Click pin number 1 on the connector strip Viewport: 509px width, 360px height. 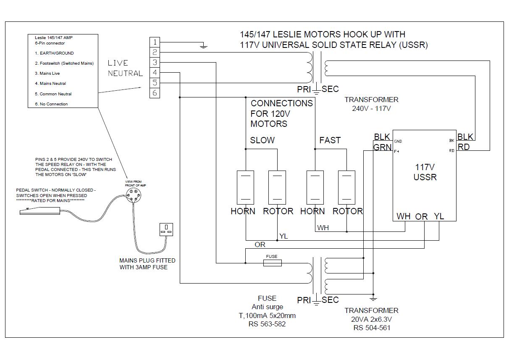[155, 42]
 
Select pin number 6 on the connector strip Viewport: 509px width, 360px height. [155, 93]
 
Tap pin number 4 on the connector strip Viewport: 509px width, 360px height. [155, 73]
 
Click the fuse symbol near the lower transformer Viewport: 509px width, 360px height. [273, 263]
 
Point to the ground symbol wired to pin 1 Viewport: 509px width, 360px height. [203, 46]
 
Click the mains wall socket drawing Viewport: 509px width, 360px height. [166, 229]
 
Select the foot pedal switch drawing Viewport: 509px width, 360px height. [40, 211]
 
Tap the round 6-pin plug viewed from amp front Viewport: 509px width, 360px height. [134, 195]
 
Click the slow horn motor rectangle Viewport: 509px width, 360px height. [245, 187]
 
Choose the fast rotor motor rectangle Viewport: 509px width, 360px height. [346, 187]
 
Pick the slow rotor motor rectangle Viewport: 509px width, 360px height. [277, 187]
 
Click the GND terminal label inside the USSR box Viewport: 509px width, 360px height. [398, 142]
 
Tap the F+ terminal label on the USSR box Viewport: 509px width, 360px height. [397, 151]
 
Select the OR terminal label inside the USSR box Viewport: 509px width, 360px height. [422, 217]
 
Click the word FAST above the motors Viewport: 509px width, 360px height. [330, 140]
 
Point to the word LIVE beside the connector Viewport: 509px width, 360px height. [118, 63]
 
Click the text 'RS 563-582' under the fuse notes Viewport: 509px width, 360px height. [267, 324]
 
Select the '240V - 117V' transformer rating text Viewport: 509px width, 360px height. [372, 108]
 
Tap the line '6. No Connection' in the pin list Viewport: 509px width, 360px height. [51, 104]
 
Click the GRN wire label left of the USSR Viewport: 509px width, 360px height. [383, 147]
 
